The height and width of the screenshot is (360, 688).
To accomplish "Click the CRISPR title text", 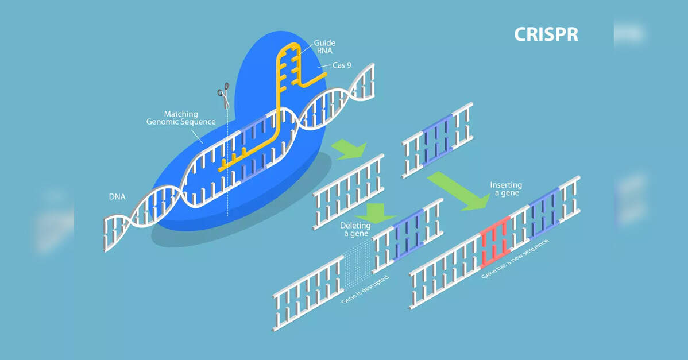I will tap(546, 34).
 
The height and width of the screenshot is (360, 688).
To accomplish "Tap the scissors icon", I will tap(223, 95).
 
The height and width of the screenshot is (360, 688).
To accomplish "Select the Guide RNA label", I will tap(324, 47).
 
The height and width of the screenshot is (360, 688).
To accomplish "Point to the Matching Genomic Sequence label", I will tap(181, 118).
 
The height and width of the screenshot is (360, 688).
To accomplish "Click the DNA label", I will tap(117, 197).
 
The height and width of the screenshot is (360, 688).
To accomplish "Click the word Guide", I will tap(324, 43).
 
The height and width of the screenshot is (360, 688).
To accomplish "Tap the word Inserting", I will tap(505, 185).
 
